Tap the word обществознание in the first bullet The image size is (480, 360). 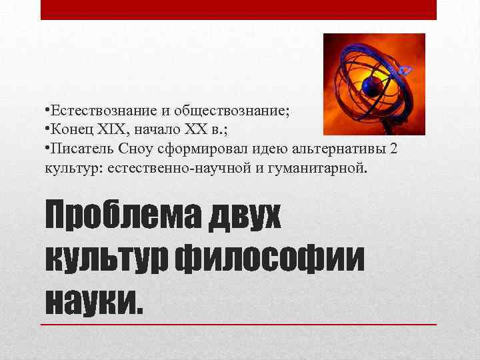click(239, 111)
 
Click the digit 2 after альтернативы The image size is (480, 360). click(393, 147)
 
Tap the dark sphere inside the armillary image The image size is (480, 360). click(371, 85)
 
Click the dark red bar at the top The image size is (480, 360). click(238, 9)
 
